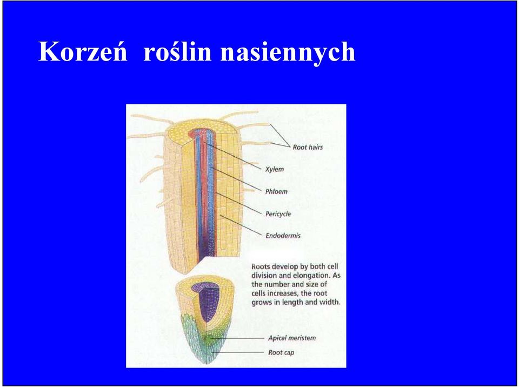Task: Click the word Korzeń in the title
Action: point(83,51)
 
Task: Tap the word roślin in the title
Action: point(178,51)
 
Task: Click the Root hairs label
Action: point(308,147)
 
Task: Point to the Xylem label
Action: point(275,169)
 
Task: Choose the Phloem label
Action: point(276,191)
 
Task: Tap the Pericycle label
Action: point(278,214)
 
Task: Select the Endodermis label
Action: point(283,235)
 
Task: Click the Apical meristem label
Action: point(292,338)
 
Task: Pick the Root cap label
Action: point(281,352)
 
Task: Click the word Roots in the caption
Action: point(261,266)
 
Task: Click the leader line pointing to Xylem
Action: point(232,156)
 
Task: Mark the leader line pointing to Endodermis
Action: point(241,225)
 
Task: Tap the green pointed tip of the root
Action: point(207,360)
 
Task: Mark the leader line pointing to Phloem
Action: point(236,179)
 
